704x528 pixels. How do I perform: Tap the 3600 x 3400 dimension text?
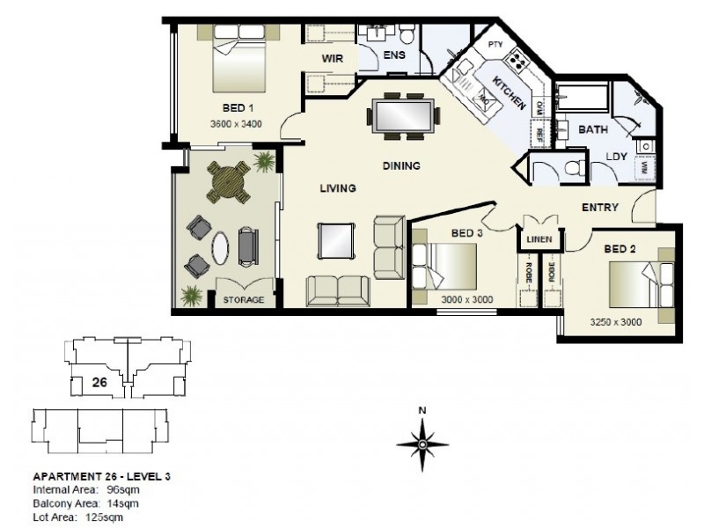pos(237,124)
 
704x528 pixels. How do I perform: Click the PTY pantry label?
pos(494,44)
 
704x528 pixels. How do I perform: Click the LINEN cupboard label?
pos(539,238)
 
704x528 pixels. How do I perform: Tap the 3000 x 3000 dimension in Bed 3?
pos(466,299)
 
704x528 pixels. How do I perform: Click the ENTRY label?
pos(599,208)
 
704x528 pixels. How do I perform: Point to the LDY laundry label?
pos(617,158)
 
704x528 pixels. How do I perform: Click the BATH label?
pos(593,129)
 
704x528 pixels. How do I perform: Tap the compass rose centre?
pos(422,444)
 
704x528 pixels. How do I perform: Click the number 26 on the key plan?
pos(100,381)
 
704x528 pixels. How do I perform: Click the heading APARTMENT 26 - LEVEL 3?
pos(101,476)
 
